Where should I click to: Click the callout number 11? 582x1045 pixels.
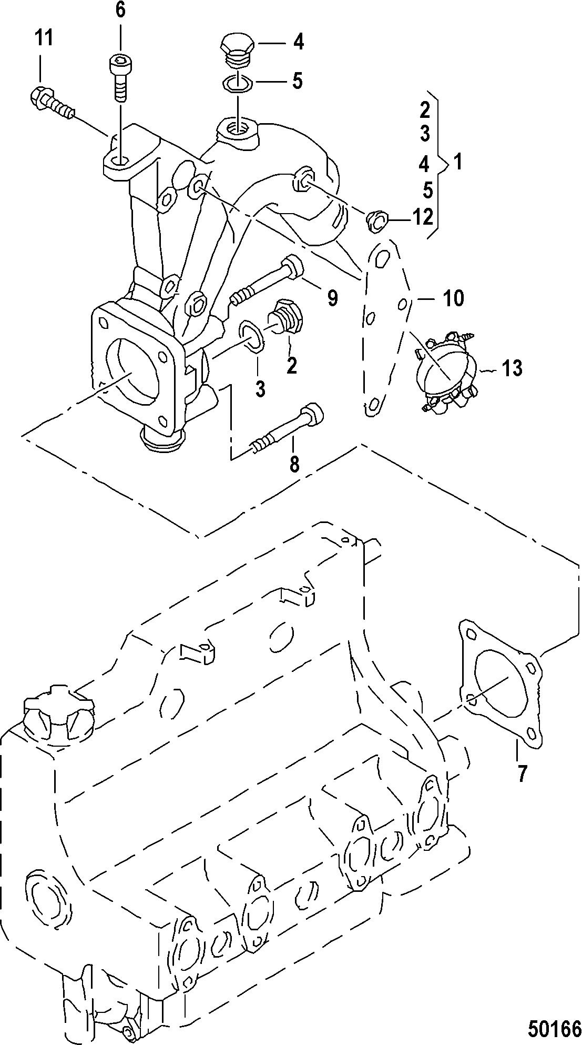pyautogui.click(x=45, y=38)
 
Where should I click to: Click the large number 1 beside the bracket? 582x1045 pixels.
pyautogui.click(x=458, y=163)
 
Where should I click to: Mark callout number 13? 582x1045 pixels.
pyautogui.click(x=512, y=368)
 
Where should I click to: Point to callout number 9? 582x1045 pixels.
pyautogui.click(x=333, y=298)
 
